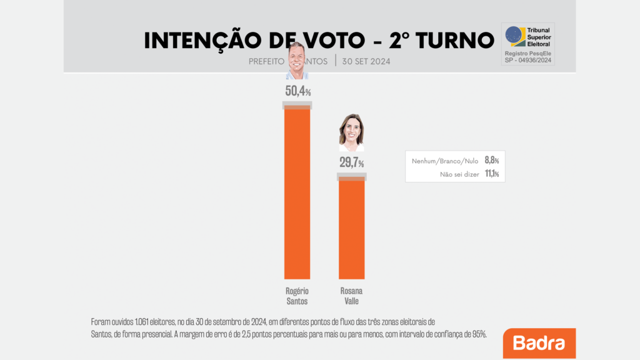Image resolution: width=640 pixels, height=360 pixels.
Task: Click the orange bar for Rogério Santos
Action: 297,194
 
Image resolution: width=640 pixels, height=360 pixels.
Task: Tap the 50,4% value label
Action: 297,91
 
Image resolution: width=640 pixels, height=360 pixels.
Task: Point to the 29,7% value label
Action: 351,164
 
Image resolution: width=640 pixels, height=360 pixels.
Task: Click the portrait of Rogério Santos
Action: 297,61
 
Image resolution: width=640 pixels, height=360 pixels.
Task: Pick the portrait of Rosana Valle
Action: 351,132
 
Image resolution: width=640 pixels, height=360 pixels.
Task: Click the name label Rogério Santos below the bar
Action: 297,296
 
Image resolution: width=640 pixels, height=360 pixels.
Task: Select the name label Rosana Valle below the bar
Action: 351,296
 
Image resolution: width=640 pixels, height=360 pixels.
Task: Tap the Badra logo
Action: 539,343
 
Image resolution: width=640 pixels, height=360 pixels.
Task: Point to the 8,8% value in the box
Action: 492,161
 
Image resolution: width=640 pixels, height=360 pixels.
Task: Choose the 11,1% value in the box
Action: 492,174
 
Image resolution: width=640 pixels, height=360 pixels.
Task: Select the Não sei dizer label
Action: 459,174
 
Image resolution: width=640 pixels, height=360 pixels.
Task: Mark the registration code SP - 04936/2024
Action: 528,60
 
